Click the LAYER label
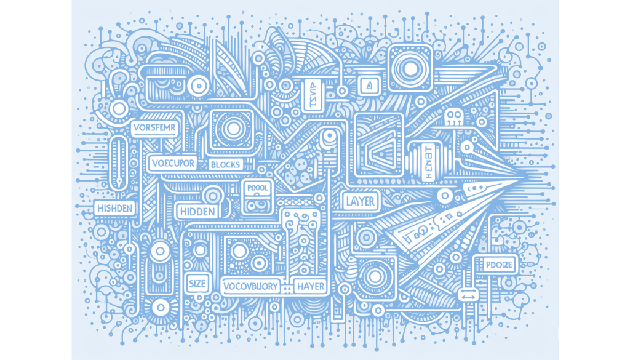point(361,201)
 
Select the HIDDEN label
point(198,212)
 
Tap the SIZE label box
point(197,284)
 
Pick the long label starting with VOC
point(250,286)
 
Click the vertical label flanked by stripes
point(428,162)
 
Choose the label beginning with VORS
point(155,129)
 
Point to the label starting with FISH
point(114,208)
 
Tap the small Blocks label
point(225,164)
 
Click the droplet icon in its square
point(369,85)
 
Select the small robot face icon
point(454,116)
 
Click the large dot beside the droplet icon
point(410,69)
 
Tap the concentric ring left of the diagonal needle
point(198,85)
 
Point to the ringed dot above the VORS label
point(119,109)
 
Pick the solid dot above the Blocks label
point(234,129)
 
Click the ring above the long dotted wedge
point(444,196)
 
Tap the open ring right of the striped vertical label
point(467,147)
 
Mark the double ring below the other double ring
point(160,306)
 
